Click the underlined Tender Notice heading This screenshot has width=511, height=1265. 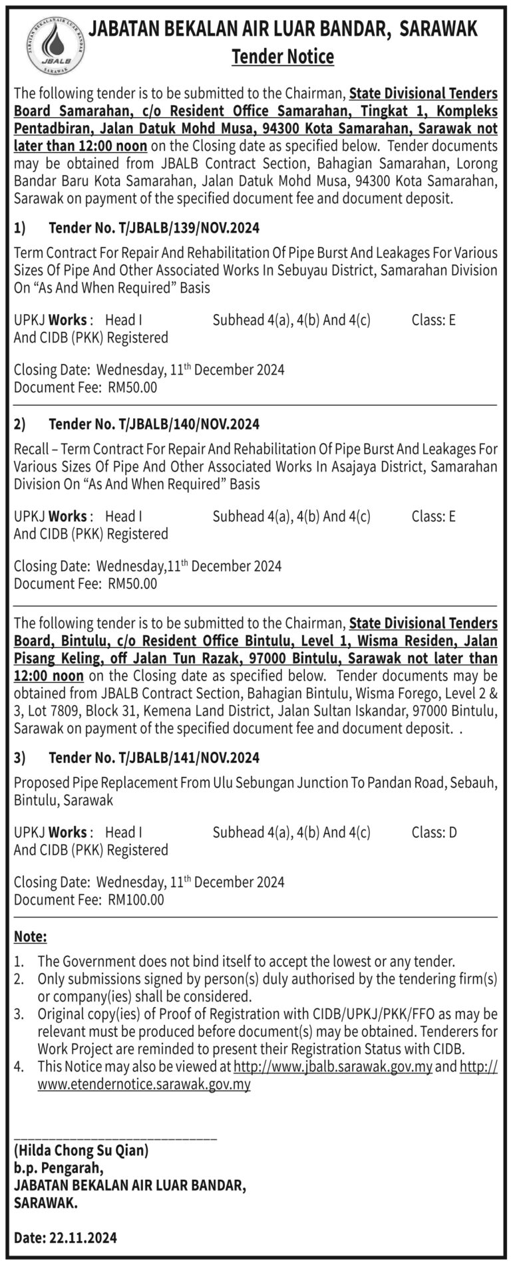click(x=282, y=57)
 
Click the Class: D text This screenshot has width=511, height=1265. click(x=434, y=832)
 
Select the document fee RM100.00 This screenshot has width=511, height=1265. click(x=135, y=900)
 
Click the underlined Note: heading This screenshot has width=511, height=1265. click(x=30, y=937)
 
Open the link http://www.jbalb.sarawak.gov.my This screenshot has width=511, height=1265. click(x=333, y=1067)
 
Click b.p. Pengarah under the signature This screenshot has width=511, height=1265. click(x=59, y=1167)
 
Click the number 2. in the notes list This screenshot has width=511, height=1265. click(x=19, y=979)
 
